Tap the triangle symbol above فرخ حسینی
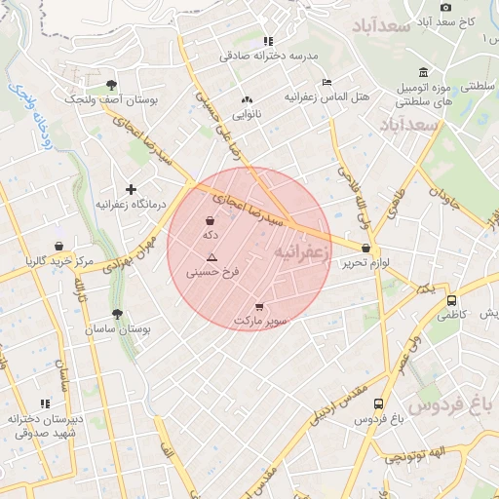point(211,257)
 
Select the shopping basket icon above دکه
point(211,220)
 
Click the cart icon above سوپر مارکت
point(258,307)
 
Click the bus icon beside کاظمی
point(450,300)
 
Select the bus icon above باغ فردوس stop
point(378,404)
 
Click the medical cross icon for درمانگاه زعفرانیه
point(131,189)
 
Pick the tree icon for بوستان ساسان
point(118,314)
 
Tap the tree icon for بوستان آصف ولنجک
point(111,85)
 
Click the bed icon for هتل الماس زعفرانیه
point(328,82)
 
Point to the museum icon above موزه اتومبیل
point(423,71)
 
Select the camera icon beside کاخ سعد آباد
point(446,7)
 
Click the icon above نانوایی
point(247,99)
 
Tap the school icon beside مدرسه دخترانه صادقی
point(267,41)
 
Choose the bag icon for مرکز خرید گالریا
point(59,246)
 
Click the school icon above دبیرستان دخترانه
point(44,403)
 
